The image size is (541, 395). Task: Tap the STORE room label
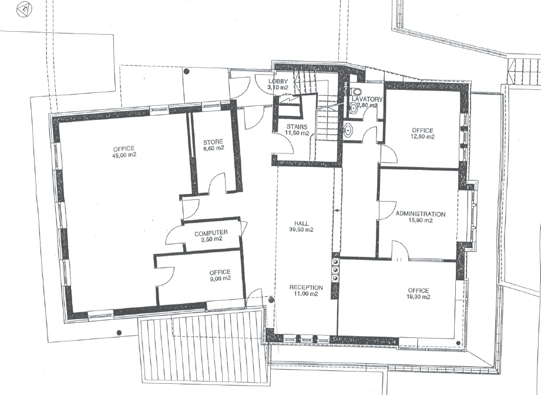pos(213,142)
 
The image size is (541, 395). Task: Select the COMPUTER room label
pos(211,233)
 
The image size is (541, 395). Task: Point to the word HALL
pos(301,223)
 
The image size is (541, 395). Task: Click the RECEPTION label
pos(306,287)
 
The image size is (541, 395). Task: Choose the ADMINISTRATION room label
pos(420,214)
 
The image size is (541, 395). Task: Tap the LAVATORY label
pos(367,99)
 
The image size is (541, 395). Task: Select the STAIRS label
pos(297,127)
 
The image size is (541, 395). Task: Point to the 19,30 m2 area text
pos(418,297)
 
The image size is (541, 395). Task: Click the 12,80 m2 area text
pos(423,136)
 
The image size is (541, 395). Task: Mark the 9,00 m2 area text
pos(220,278)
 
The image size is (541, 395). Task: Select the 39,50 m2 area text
pos(301,230)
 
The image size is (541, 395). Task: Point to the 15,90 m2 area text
pos(420,220)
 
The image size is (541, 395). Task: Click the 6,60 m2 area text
pos(213,148)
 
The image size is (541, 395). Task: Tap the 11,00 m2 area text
pos(305,294)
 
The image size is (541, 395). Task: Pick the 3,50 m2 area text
pos(211,239)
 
